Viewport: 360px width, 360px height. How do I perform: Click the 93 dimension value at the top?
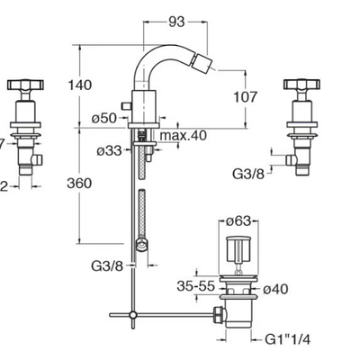pyautogui.click(x=176, y=22)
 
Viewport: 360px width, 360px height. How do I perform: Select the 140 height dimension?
pyautogui.click(x=80, y=85)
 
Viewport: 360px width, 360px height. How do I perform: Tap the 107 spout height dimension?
pyautogui.click(x=246, y=97)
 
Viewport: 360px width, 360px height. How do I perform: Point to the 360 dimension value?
pyautogui.click(x=79, y=183)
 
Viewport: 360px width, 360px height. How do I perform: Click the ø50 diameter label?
pyautogui.click(x=103, y=118)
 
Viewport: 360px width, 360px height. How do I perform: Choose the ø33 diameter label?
pyautogui.click(x=109, y=150)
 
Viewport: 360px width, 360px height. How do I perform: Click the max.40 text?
pyautogui.click(x=184, y=135)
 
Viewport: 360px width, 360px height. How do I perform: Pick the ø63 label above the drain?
pyautogui.click(x=238, y=221)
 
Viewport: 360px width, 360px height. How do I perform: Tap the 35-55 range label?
pyautogui.click(x=196, y=286)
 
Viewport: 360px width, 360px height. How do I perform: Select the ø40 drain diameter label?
pyautogui.click(x=275, y=289)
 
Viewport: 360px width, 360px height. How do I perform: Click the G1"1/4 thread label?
pyautogui.click(x=288, y=339)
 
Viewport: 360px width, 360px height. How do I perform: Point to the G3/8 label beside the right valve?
pyautogui.click(x=248, y=174)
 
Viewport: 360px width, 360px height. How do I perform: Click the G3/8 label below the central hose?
pyautogui.click(x=107, y=265)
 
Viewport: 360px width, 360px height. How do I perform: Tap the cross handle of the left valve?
pyautogui.click(x=25, y=85)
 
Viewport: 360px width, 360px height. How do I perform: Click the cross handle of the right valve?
pyautogui.click(x=301, y=85)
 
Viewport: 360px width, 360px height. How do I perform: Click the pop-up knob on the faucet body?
pyautogui.click(x=126, y=106)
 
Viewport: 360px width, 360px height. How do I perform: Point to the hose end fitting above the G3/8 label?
pyautogui.click(x=141, y=245)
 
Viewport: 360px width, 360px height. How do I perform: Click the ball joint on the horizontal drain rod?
pyautogui.click(x=133, y=315)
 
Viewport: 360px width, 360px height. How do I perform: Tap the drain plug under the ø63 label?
pyautogui.click(x=238, y=248)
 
